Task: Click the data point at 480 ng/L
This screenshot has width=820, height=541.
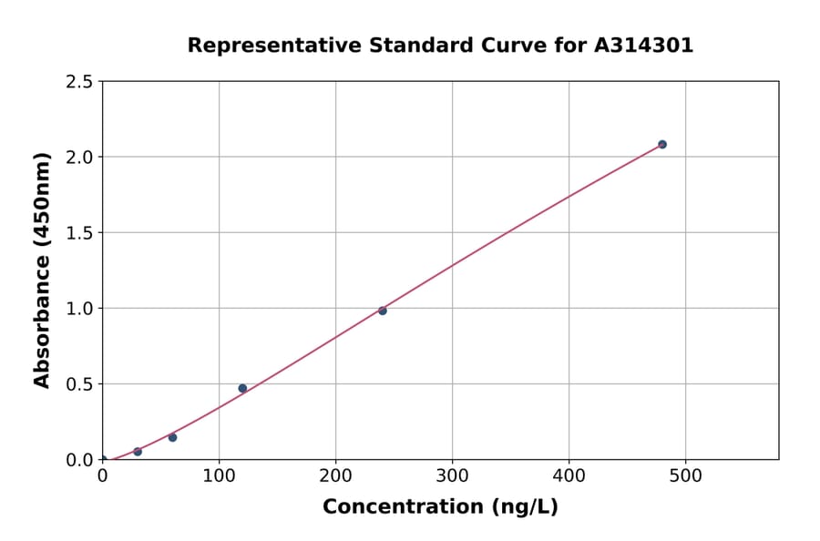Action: tap(662, 145)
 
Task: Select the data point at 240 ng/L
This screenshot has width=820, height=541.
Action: tap(383, 311)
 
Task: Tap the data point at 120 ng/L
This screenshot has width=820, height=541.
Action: tap(242, 388)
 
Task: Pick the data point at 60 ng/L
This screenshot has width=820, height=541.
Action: tap(172, 437)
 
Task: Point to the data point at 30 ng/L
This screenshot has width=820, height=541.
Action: tap(138, 452)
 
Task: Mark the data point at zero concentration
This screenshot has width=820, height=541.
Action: tap(102, 460)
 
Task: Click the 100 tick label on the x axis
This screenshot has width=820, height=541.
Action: tap(219, 475)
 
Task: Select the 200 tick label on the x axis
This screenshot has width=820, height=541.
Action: tap(335, 475)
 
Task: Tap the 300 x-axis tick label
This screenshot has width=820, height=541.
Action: tap(452, 475)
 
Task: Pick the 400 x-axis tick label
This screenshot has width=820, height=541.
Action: tap(569, 475)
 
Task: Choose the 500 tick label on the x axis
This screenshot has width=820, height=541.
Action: tap(686, 475)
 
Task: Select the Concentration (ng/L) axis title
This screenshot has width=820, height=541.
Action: tap(440, 507)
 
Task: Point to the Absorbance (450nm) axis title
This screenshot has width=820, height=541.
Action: tap(42, 270)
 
